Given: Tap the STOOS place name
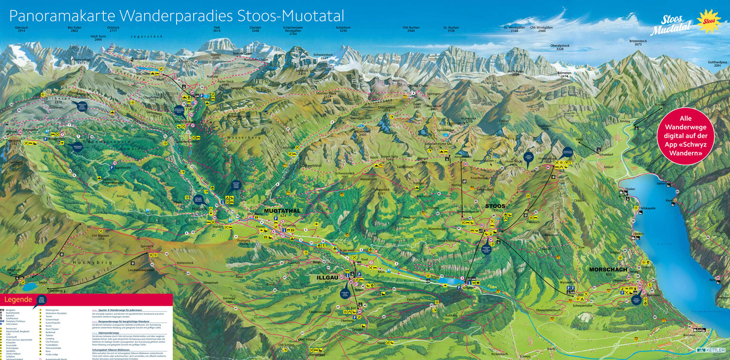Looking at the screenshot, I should click(495, 206).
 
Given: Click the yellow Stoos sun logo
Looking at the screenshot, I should click(709, 21).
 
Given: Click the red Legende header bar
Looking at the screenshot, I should click(86, 300).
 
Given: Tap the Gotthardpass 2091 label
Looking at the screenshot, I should click(717, 64).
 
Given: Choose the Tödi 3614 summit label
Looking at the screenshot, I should click(217, 29).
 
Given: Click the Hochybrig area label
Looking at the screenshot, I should click(86, 262).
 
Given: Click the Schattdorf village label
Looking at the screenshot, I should click(606, 155).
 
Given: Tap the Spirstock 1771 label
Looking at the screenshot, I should click(149, 247).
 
